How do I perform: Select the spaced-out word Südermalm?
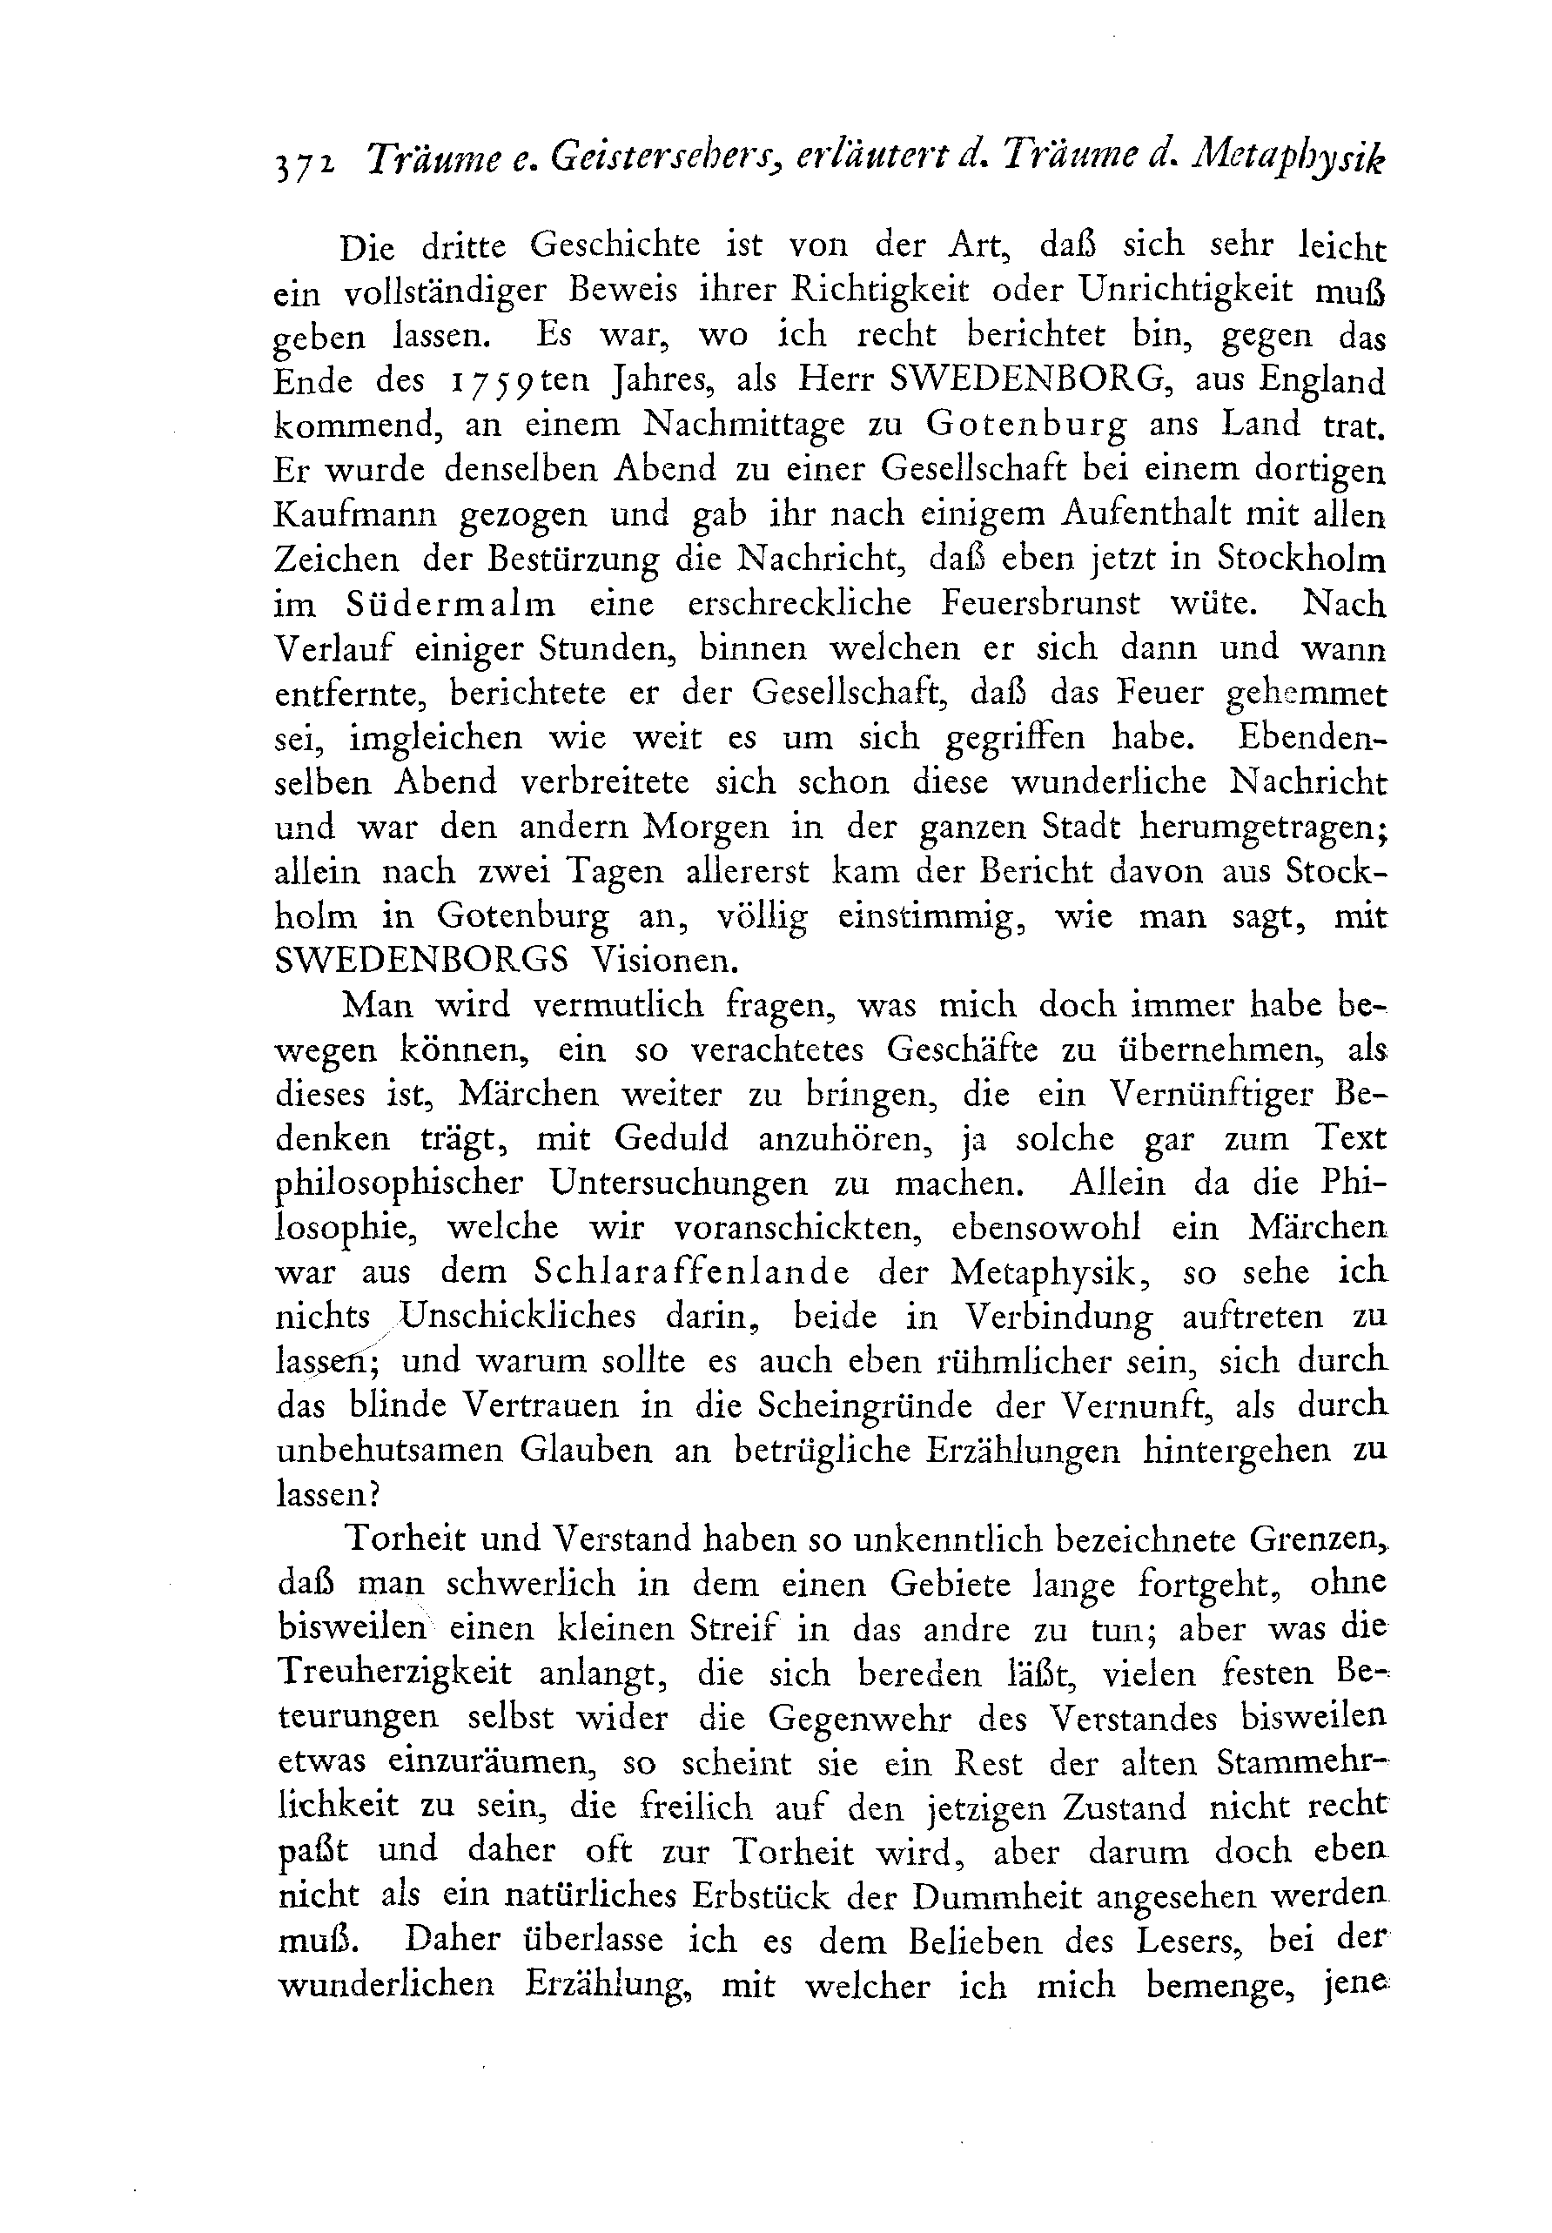point(450,605)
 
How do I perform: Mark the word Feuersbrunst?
point(1039,605)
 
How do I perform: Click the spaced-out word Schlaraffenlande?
point(691,1273)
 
